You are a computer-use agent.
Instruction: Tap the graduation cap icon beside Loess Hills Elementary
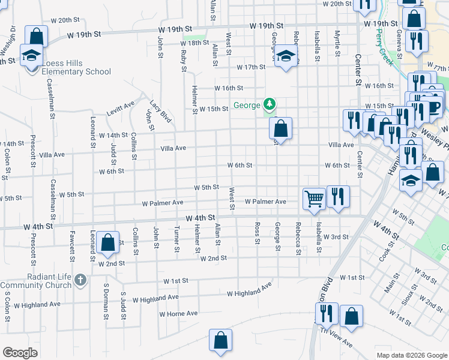click(31, 56)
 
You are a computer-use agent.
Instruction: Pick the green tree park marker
click(270, 106)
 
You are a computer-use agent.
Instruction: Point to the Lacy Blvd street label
click(161, 112)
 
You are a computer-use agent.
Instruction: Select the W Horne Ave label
click(178, 314)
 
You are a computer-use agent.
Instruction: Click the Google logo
click(20, 353)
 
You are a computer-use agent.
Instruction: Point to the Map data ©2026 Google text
click(412, 355)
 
